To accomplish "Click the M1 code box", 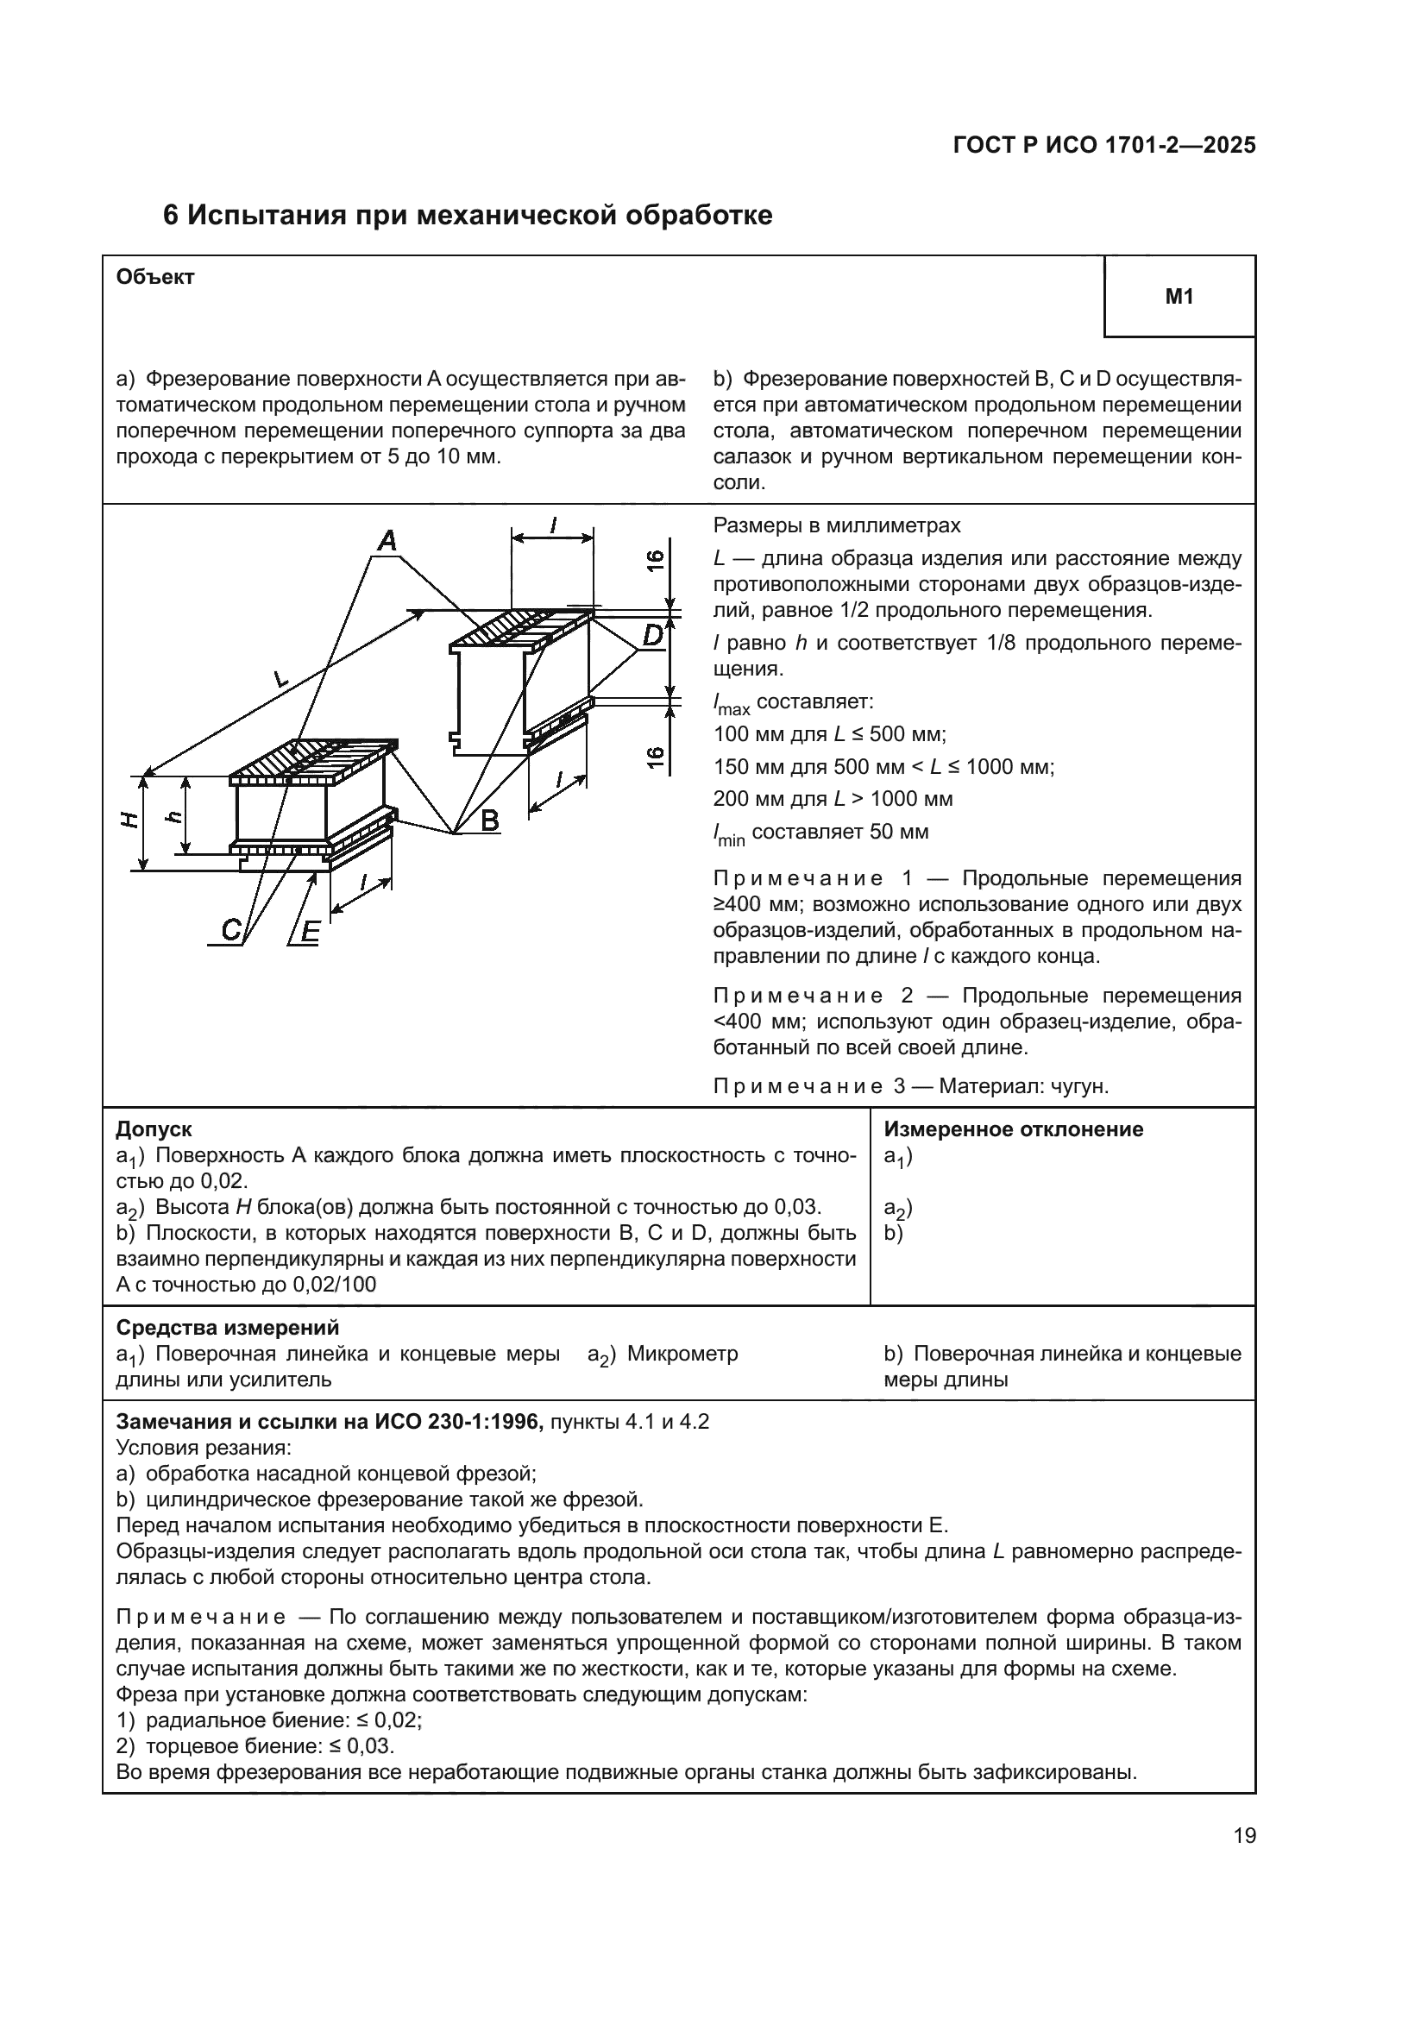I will tap(1179, 297).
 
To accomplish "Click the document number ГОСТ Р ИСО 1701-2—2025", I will tap(1103, 146).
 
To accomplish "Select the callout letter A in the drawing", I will tap(387, 542).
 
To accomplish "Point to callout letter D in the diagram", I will tap(652, 635).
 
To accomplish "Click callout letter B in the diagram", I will tap(489, 820).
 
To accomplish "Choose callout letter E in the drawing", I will tap(310, 931).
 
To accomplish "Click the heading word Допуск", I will tap(154, 1129).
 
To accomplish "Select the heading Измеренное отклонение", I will tap(1013, 1129).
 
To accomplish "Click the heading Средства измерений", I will tap(228, 1327).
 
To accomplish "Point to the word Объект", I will tap(154, 277).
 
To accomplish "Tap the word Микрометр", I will tap(682, 1354).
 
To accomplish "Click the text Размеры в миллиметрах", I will tap(836, 525).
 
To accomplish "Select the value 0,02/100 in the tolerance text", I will tap(334, 1285).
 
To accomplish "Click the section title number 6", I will tap(172, 216).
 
